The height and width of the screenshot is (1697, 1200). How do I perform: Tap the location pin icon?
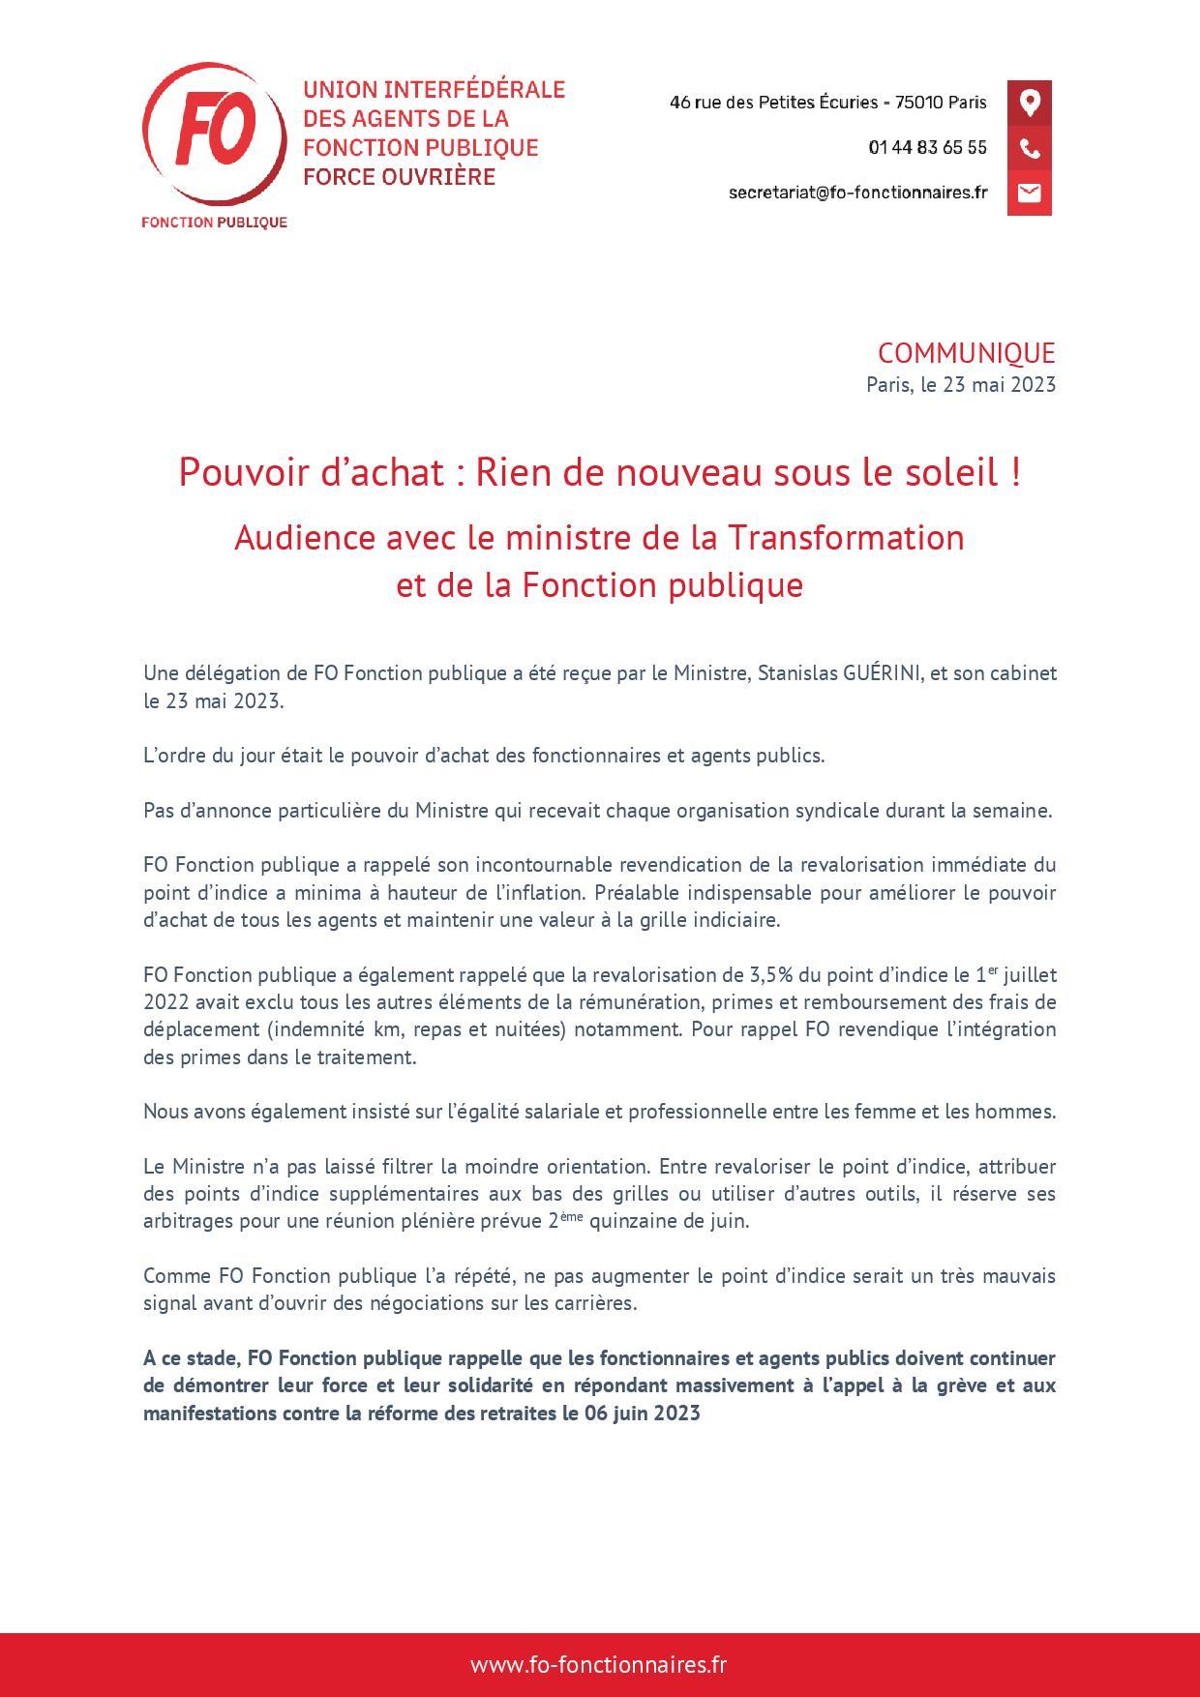(1029, 103)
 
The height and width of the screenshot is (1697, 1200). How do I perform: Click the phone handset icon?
(1029, 148)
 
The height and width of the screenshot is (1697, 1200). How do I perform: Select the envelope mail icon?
(1029, 193)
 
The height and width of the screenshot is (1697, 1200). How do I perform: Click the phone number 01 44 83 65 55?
(927, 148)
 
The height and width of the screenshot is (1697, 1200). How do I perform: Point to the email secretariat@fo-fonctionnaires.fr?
(857, 193)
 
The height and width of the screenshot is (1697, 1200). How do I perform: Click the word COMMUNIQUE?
(966, 353)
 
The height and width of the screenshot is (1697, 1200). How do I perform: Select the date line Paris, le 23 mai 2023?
(960, 384)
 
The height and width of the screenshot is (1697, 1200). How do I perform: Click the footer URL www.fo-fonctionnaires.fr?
(599, 1664)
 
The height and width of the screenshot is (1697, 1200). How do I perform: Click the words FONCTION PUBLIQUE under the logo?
(214, 223)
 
